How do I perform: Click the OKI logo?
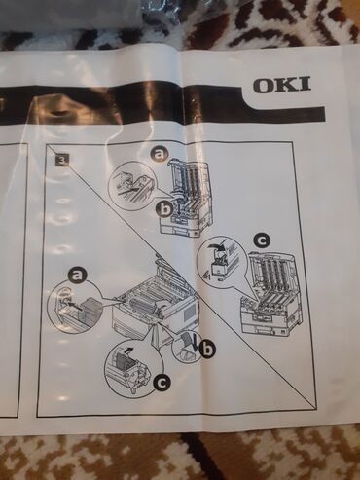tap(282, 85)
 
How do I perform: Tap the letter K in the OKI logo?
tap(286, 85)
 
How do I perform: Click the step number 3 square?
tap(61, 161)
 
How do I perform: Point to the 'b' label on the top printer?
tap(165, 211)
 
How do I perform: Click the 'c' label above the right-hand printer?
tap(262, 240)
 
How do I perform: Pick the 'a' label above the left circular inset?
tap(76, 277)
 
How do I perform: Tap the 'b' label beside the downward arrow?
tap(205, 350)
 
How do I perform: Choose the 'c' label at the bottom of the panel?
tap(162, 384)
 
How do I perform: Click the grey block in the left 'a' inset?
tap(91, 310)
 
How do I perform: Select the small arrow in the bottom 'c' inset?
tap(128, 350)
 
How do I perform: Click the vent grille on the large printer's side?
tap(188, 313)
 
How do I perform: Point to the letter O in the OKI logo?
tap(264, 85)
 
